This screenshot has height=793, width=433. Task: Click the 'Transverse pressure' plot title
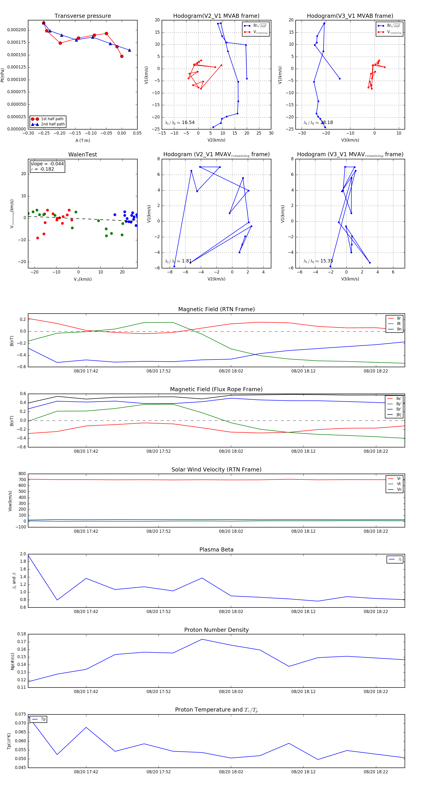pyautogui.click(x=83, y=16)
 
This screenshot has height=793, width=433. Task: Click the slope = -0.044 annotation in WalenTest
pyautogui.click(x=47, y=164)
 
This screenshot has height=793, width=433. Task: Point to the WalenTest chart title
pyautogui.click(x=83, y=155)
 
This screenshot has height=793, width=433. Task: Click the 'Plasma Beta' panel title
pyautogui.click(x=216, y=550)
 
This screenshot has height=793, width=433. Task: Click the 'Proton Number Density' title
pyautogui.click(x=216, y=630)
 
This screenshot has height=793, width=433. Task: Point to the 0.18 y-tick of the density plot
pyautogui.click(x=22, y=634)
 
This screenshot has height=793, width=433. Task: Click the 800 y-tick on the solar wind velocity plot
pyautogui.click(x=22, y=474)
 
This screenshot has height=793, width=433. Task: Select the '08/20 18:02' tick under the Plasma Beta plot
pyautogui.click(x=231, y=611)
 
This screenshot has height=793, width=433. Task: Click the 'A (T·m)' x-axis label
pyautogui.click(x=83, y=141)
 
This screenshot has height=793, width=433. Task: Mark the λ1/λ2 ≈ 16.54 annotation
pyautogui.click(x=180, y=123)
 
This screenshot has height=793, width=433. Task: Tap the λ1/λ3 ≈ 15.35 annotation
pyautogui.click(x=318, y=261)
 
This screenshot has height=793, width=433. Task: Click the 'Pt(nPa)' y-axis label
pyautogui.click(x=2, y=75)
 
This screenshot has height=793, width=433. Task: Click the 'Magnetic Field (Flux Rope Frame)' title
pyautogui.click(x=216, y=390)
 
